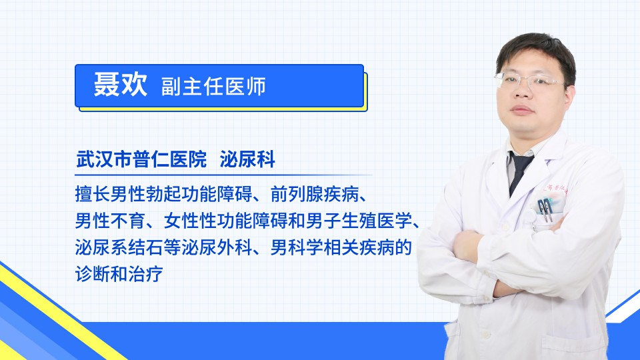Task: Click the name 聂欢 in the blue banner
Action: pyautogui.click(x=121, y=85)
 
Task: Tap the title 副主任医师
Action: pyautogui.click(x=213, y=86)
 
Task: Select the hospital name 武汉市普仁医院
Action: pyautogui.click(x=141, y=159)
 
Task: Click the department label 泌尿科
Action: pyautogui.click(x=247, y=159)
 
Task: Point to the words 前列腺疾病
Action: pyautogui.click(x=315, y=194)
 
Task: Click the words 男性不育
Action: pyautogui.click(x=110, y=221)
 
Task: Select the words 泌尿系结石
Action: pyautogui.click(x=119, y=247)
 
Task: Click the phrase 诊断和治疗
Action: pyautogui.click(x=119, y=274)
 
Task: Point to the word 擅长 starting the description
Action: pyautogui.click(x=93, y=194)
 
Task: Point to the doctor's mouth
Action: pyautogui.click(x=522, y=110)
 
